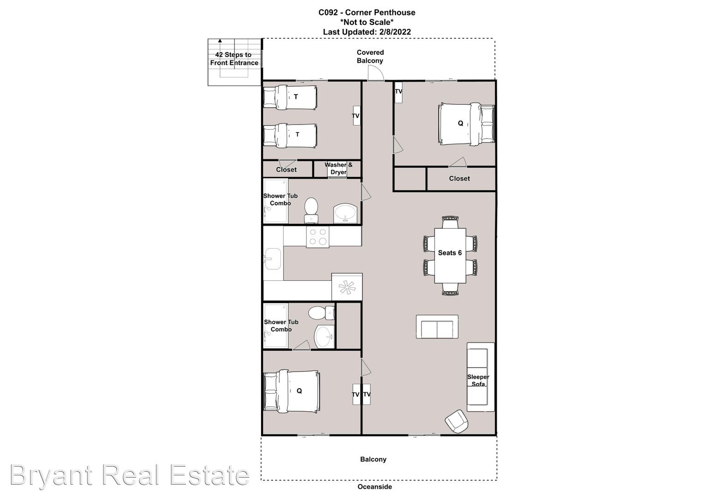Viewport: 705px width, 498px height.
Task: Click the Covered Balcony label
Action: pos(370,56)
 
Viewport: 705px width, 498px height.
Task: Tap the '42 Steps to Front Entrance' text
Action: pos(234,59)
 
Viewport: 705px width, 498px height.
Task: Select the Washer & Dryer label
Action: pos(338,168)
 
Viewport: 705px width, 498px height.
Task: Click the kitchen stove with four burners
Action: pos(318,237)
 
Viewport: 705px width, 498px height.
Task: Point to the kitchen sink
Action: pos(273,259)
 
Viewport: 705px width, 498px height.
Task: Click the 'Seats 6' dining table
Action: pos(450,255)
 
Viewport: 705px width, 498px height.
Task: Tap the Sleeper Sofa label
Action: pos(478,380)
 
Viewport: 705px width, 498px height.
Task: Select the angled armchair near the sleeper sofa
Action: pos(457,421)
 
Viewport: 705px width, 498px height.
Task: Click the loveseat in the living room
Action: pos(437,326)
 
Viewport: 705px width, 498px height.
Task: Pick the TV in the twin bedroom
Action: pos(356,116)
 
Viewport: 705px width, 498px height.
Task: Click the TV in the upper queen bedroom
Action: pos(399,92)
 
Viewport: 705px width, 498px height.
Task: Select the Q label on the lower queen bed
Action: pos(299,391)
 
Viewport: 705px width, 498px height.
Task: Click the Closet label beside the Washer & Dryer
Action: pos(286,170)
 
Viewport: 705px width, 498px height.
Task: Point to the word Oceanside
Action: pos(375,486)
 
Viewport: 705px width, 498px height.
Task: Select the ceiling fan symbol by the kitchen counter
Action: pos(347,287)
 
